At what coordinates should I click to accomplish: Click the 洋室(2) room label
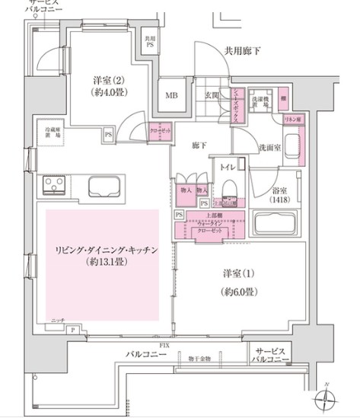point(108,81)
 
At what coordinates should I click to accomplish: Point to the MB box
point(172,95)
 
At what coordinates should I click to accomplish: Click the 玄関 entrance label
point(212,95)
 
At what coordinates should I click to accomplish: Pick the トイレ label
point(227,166)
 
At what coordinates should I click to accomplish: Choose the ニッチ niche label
point(58,319)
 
